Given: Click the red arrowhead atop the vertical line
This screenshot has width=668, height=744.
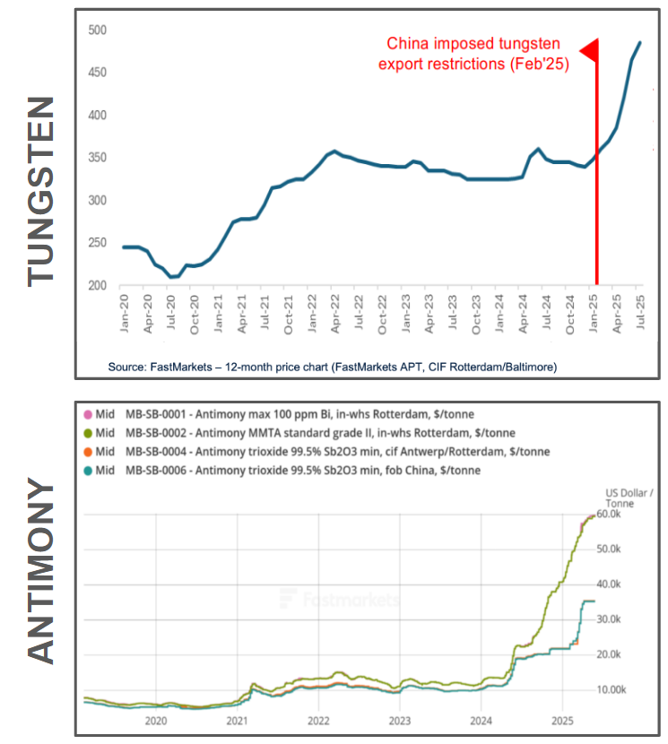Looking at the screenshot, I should (x=590, y=52).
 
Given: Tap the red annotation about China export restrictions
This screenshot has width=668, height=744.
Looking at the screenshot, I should (x=473, y=54).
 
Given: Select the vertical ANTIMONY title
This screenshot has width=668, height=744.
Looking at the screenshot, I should (x=41, y=573).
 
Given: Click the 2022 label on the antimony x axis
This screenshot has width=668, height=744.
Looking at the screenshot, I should (x=318, y=719).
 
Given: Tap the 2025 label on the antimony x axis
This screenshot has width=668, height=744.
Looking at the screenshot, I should (x=562, y=719).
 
